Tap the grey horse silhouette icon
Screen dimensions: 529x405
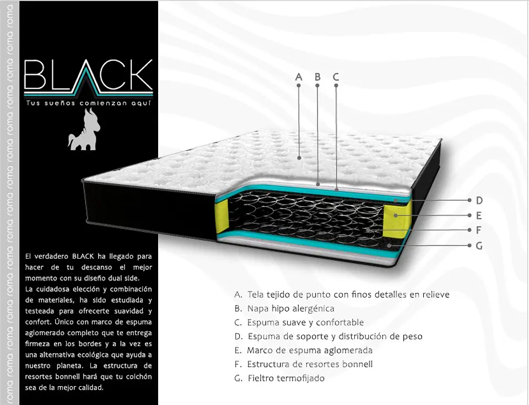[84, 129]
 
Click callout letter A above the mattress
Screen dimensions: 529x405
[299, 77]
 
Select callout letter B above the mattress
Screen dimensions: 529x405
[317, 77]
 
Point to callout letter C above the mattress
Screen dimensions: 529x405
[336, 77]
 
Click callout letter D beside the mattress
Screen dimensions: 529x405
[479, 200]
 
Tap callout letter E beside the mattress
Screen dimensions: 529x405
[479, 215]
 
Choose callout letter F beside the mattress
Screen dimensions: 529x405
[478, 230]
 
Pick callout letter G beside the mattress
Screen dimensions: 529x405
[479, 245]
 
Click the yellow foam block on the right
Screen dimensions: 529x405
[396, 219]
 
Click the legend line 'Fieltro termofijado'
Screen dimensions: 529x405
[286, 378]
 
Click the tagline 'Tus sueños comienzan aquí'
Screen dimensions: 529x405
[88, 103]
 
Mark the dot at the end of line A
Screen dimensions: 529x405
[299, 158]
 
